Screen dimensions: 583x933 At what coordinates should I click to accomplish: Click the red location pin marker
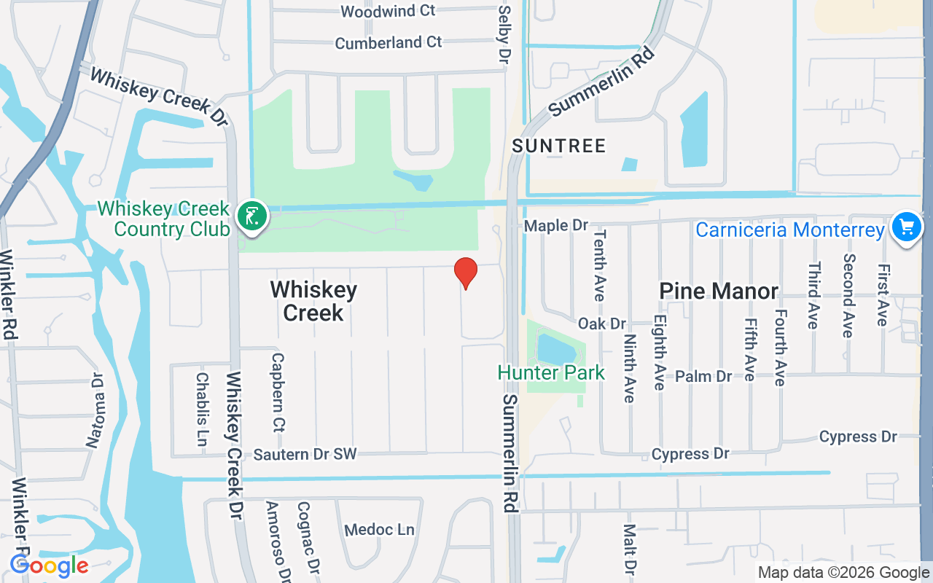(466, 273)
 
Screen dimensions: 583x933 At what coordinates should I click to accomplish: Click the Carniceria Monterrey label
(789, 230)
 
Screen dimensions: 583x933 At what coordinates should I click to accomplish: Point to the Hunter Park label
(551, 373)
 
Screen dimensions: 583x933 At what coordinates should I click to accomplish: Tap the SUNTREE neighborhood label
(559, 146)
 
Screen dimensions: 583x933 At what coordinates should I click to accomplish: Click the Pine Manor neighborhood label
(719, 291)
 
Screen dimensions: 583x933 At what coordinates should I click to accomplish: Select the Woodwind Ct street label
(388, 11)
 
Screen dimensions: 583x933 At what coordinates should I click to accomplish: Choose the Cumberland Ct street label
(389, 42)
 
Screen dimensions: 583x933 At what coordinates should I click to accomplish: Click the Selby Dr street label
(503, 35)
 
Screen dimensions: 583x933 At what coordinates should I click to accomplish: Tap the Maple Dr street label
(556, 226)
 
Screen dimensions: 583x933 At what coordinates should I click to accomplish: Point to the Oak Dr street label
(602, 323)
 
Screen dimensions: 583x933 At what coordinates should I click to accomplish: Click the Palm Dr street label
(703, 376)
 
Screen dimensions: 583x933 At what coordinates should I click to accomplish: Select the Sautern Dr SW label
(305, 454)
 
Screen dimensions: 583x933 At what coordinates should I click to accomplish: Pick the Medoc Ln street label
(379, 530)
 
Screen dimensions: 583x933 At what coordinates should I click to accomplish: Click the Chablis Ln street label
(202, 410)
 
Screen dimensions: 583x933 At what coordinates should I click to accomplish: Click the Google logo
(49, 566)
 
